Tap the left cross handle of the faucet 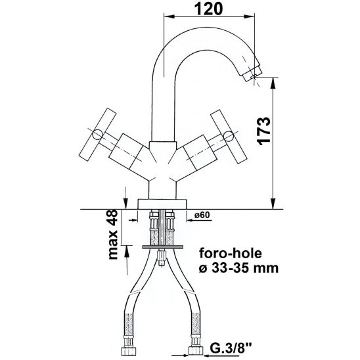(x=97, y=136)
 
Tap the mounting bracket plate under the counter (x=163, y=246)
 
